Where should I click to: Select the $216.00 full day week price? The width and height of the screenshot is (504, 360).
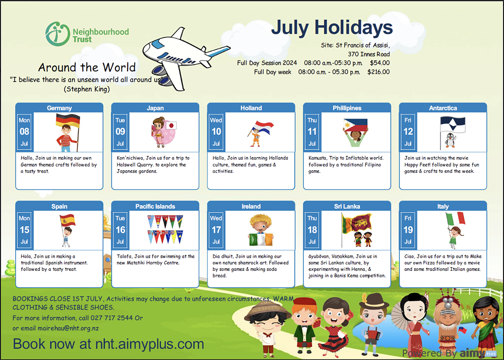click(x=378, y=72)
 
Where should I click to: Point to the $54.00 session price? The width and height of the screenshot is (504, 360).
click(x=380, y=63)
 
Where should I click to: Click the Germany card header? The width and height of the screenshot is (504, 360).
click(x=59, y=108)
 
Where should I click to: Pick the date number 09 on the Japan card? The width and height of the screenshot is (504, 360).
click(x=120, y=132)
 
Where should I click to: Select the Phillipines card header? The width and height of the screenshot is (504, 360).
click(x=347, y=108)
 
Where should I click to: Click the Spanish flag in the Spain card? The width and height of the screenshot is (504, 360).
click(x=68, y=220)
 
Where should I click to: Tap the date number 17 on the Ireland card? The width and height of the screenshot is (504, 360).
click(x=216, y=230)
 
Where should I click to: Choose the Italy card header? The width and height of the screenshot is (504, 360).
click(x=443, y=206)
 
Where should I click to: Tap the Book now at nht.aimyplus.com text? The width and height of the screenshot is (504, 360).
click(x=108, y=344)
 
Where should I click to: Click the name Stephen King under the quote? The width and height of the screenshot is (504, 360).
click(x=87, y=89)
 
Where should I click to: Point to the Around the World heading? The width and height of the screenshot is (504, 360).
click(x=87, y=67)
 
